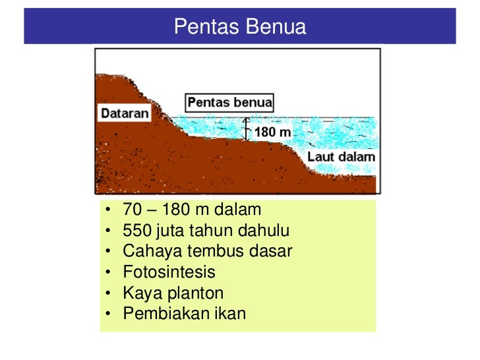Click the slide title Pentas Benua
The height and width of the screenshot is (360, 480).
click(240, 27)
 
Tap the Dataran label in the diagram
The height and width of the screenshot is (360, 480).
click(125, 113)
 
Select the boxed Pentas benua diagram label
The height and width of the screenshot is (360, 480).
click(229, 102)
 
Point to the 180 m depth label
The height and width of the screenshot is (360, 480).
click(272, 133)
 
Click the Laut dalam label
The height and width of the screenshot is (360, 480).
click(341, 157)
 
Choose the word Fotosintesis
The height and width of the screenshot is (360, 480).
click(169, 272)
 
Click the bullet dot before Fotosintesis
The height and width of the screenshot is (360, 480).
click(107, 272)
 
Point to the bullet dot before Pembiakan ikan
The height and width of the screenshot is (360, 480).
click(107, 313)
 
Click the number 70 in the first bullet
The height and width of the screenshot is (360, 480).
click(132, 210)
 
